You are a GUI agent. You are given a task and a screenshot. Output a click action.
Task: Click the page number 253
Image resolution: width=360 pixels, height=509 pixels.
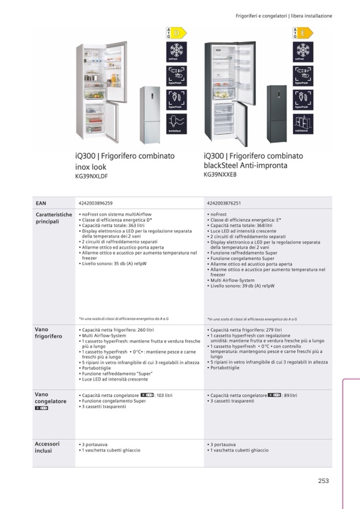coord(323,481)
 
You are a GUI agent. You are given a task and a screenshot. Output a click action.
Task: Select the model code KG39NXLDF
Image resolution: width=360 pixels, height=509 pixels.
coord(91,177)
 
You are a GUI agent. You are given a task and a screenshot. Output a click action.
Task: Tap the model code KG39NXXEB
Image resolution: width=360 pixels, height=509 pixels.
coord(220,174)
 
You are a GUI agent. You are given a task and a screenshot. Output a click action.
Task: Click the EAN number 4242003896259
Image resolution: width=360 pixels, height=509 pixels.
coord(96,203)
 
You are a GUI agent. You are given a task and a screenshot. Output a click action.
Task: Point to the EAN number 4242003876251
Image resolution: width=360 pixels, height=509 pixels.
coord(224,203)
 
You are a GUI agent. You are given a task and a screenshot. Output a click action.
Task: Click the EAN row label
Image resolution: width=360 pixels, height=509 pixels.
coord(41,203)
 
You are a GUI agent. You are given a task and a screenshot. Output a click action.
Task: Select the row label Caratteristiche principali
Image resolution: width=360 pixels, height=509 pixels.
coord(53,218)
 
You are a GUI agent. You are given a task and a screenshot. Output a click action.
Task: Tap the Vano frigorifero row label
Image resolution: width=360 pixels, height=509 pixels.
coord(48,333)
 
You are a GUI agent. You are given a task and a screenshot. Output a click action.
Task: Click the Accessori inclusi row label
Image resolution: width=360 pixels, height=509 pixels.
coord(47,447)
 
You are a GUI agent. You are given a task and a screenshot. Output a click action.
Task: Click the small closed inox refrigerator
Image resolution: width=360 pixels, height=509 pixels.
coord(150,115)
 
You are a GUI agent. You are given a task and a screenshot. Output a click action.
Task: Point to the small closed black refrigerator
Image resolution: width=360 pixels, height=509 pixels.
coord(277,114)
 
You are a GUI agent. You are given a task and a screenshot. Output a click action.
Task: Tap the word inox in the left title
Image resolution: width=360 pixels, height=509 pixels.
coord(83,167)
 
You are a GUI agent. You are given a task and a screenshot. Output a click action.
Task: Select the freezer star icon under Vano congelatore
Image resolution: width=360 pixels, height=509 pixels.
coord(41,408)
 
